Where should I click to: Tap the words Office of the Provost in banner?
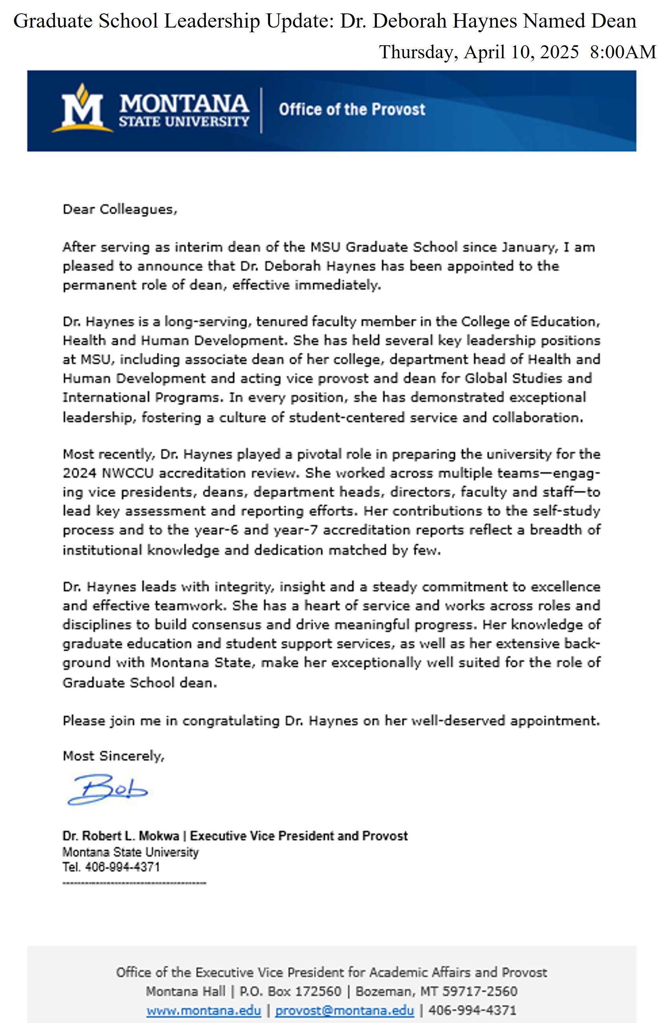pyautogui.click(x=352, y=109)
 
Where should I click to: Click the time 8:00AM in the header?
pyautogui.click(x=623, y=52)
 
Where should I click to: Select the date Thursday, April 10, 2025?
pyautogui.click(x=479, y=52)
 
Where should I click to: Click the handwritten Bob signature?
pyautogui.click(x=107, y=789)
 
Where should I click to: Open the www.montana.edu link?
pyautogui.click(x=203, y=1010)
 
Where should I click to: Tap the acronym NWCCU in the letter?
pyautogui.click(x=127, y=473)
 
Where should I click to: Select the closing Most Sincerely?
pyautogui.click(x=113, y=756)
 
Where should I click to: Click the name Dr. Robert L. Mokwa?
pyautogui.click(x=121, y=836)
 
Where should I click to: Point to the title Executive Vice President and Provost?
pyautogui.click(x=299, y=836)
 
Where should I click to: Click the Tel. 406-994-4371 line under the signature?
pyautogui.click(x=111, y=867)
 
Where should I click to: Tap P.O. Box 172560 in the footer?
pyautogui.click(x=290, y=991)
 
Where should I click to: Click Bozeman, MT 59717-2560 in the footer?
pyautogui.click(x=436, y=991)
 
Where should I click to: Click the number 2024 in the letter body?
pyautogui.click(x=80, y=473)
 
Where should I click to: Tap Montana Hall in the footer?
pyautogui.click(x=185, y=991)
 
